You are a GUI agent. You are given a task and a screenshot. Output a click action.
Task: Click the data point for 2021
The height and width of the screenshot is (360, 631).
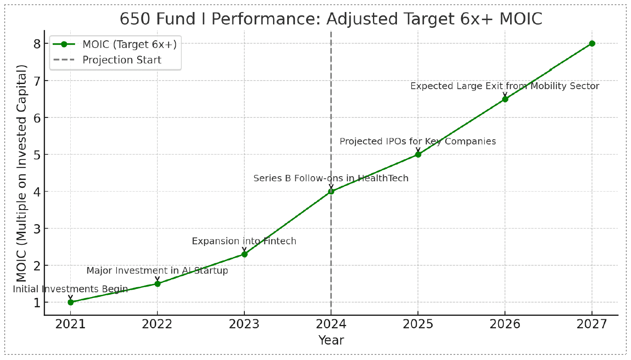(x=71, y=302)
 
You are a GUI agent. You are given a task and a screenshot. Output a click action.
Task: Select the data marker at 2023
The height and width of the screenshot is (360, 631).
(x=244, y=254)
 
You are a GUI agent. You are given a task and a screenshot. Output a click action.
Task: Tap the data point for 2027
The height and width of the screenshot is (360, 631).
(x=592, y=43)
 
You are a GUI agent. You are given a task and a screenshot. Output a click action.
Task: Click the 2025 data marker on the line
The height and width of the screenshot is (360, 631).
(x=418, y=154)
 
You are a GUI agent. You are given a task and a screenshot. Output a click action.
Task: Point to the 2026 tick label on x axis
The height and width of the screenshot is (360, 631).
(x=505, y=324)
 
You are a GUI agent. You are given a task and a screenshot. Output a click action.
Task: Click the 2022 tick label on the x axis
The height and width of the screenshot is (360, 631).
(x=157, y=324)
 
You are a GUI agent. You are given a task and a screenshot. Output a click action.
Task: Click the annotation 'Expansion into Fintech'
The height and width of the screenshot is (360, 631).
(x=244, y=241)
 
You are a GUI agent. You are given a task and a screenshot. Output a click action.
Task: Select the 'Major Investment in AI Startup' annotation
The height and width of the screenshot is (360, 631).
(x=157, y=271)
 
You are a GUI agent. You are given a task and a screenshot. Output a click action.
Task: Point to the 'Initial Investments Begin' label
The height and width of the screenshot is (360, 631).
(x=70, y=289)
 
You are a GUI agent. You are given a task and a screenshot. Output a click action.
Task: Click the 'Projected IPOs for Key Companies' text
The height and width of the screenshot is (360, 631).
(x=418, y=141)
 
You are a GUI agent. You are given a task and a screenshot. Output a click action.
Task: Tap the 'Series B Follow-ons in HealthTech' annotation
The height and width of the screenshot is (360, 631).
(x=331, y=178)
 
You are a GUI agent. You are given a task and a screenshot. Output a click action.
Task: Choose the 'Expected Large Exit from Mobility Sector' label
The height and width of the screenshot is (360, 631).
(x=505, y=86)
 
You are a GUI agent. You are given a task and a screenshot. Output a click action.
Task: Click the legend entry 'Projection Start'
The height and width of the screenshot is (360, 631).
(x=122, y=60)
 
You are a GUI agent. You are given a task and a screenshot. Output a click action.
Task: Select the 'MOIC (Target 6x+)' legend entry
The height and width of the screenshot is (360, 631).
(x=129, y=44)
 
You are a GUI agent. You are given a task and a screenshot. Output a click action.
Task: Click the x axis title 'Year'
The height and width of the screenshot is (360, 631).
(x=331, y=340)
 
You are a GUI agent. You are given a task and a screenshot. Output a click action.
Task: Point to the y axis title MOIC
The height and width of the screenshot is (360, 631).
(x=21, y=173)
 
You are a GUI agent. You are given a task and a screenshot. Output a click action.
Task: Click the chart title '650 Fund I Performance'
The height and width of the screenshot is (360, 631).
(x=331, y=19)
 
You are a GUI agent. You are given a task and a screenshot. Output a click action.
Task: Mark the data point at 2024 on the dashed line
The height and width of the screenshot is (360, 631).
(x=331, y=191)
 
